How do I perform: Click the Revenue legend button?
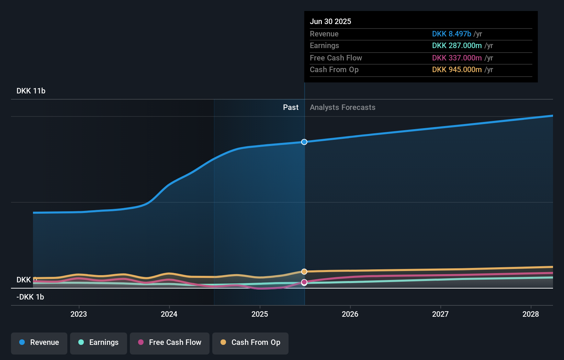tap(39, 342)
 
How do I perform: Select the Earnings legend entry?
tap(99, 342)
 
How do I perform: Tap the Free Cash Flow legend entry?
tap(170, 342)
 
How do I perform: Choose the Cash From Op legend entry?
tap(250, 342)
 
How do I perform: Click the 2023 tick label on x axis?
tap(79, 314)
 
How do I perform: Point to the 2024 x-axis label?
tap(169, 314)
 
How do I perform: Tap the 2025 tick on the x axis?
tap(260, 314)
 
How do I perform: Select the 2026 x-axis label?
tap(350, 314)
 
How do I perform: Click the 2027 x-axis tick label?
tap(440, 314)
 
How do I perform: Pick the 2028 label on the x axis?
tap(531, 314)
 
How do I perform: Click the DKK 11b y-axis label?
tap(31, 91)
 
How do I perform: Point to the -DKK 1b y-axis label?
tap(30, 297)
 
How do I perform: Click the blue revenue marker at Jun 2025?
tap(304, 142)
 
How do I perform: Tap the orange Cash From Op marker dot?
tap(304, 272)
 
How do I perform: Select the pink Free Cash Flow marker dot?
tap(304, 282)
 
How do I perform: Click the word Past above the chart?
tap(291, 108)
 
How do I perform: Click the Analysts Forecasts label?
tap(342, 108)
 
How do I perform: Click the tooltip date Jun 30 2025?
tap(330, 22)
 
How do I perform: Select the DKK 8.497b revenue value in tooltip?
tap(451, 34)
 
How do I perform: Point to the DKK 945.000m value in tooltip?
tap(457, 70)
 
